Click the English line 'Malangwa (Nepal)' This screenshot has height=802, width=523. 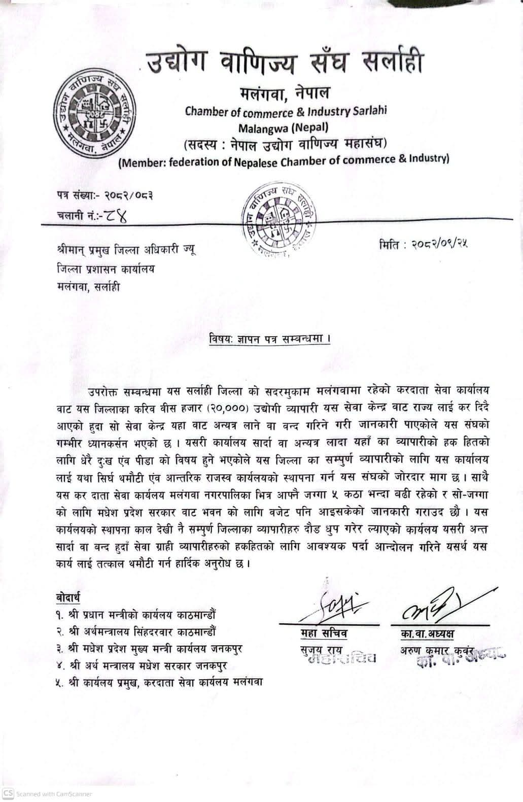(x=284, y=127)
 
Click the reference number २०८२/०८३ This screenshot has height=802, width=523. (x=129, y=195)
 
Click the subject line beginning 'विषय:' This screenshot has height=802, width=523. (x=269, y=339)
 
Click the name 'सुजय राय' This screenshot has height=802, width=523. (x=321, y=650)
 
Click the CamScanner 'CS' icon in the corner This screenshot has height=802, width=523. (x=8, y=793)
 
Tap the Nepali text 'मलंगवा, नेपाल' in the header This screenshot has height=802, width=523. (x=284, y=93)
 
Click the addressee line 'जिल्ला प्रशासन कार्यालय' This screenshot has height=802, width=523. (x=106, y=269)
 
